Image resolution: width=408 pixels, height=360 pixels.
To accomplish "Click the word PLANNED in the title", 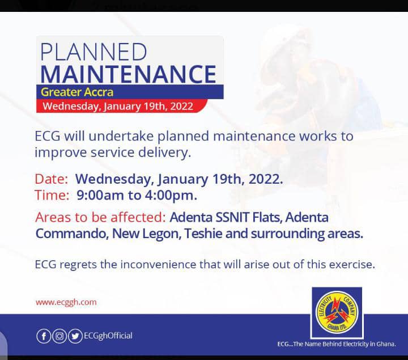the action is click(93, 52).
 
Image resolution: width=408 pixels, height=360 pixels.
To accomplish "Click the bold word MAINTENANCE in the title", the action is click(128, 74).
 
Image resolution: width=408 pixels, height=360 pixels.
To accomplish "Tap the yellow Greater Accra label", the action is click(77, 92).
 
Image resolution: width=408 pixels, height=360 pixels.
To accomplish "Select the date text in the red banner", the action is click(118, 106).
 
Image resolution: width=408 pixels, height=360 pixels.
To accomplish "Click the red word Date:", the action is click(51, 179).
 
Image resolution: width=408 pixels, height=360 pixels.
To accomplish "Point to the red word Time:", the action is click(52, 195).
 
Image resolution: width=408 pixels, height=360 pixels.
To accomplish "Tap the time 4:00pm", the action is click(171, 195).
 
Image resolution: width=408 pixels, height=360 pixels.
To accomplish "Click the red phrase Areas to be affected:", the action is click(100, 217).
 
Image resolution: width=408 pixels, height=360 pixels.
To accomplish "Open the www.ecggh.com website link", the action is click(66, 303).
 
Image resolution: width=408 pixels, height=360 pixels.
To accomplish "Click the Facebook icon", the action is click(44, 336).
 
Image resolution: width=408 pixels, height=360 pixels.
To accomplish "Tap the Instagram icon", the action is click(59, 336).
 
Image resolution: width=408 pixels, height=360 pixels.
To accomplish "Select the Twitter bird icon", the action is click(75, 336).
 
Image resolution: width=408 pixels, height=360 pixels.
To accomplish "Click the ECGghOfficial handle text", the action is click(108, 336).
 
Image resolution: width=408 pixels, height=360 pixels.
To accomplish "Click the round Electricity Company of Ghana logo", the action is click(337, 312).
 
